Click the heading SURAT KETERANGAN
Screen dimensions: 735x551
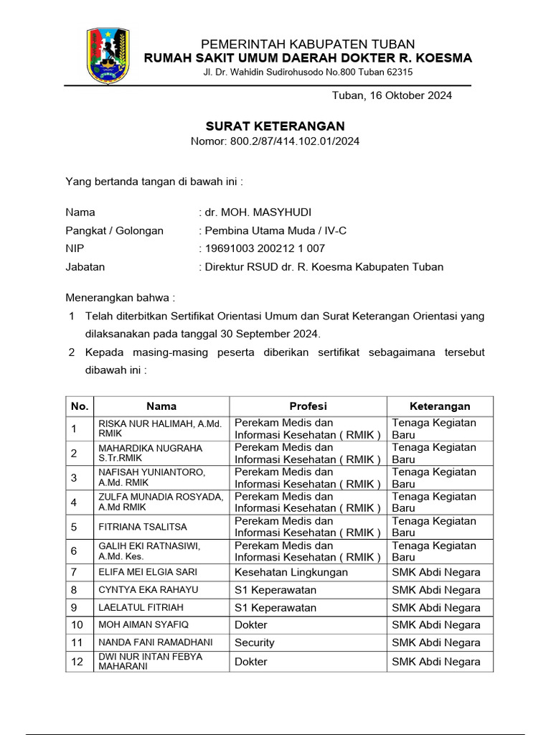(x=275, y=126)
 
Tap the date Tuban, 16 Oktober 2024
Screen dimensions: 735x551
(x=391, y=95)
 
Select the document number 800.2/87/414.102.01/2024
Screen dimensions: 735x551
(x=295, y=141)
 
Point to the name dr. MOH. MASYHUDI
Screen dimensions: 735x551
(x=258, y=212)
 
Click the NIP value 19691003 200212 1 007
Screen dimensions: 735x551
(x=264, y=248)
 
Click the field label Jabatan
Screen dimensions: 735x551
(x=85, y=267)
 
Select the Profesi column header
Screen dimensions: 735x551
(x=308, y=406)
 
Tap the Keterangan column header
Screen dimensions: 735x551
(x=440, y=406)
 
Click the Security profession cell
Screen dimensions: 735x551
(x=255, y=642)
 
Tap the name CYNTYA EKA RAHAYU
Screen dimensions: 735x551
(x=149, y=590)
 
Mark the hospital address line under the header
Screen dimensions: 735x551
(x=307, y=72)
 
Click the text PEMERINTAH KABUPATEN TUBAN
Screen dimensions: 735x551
(x=308, y=45)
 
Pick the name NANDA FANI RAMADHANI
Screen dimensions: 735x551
(x=151, y=642)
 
